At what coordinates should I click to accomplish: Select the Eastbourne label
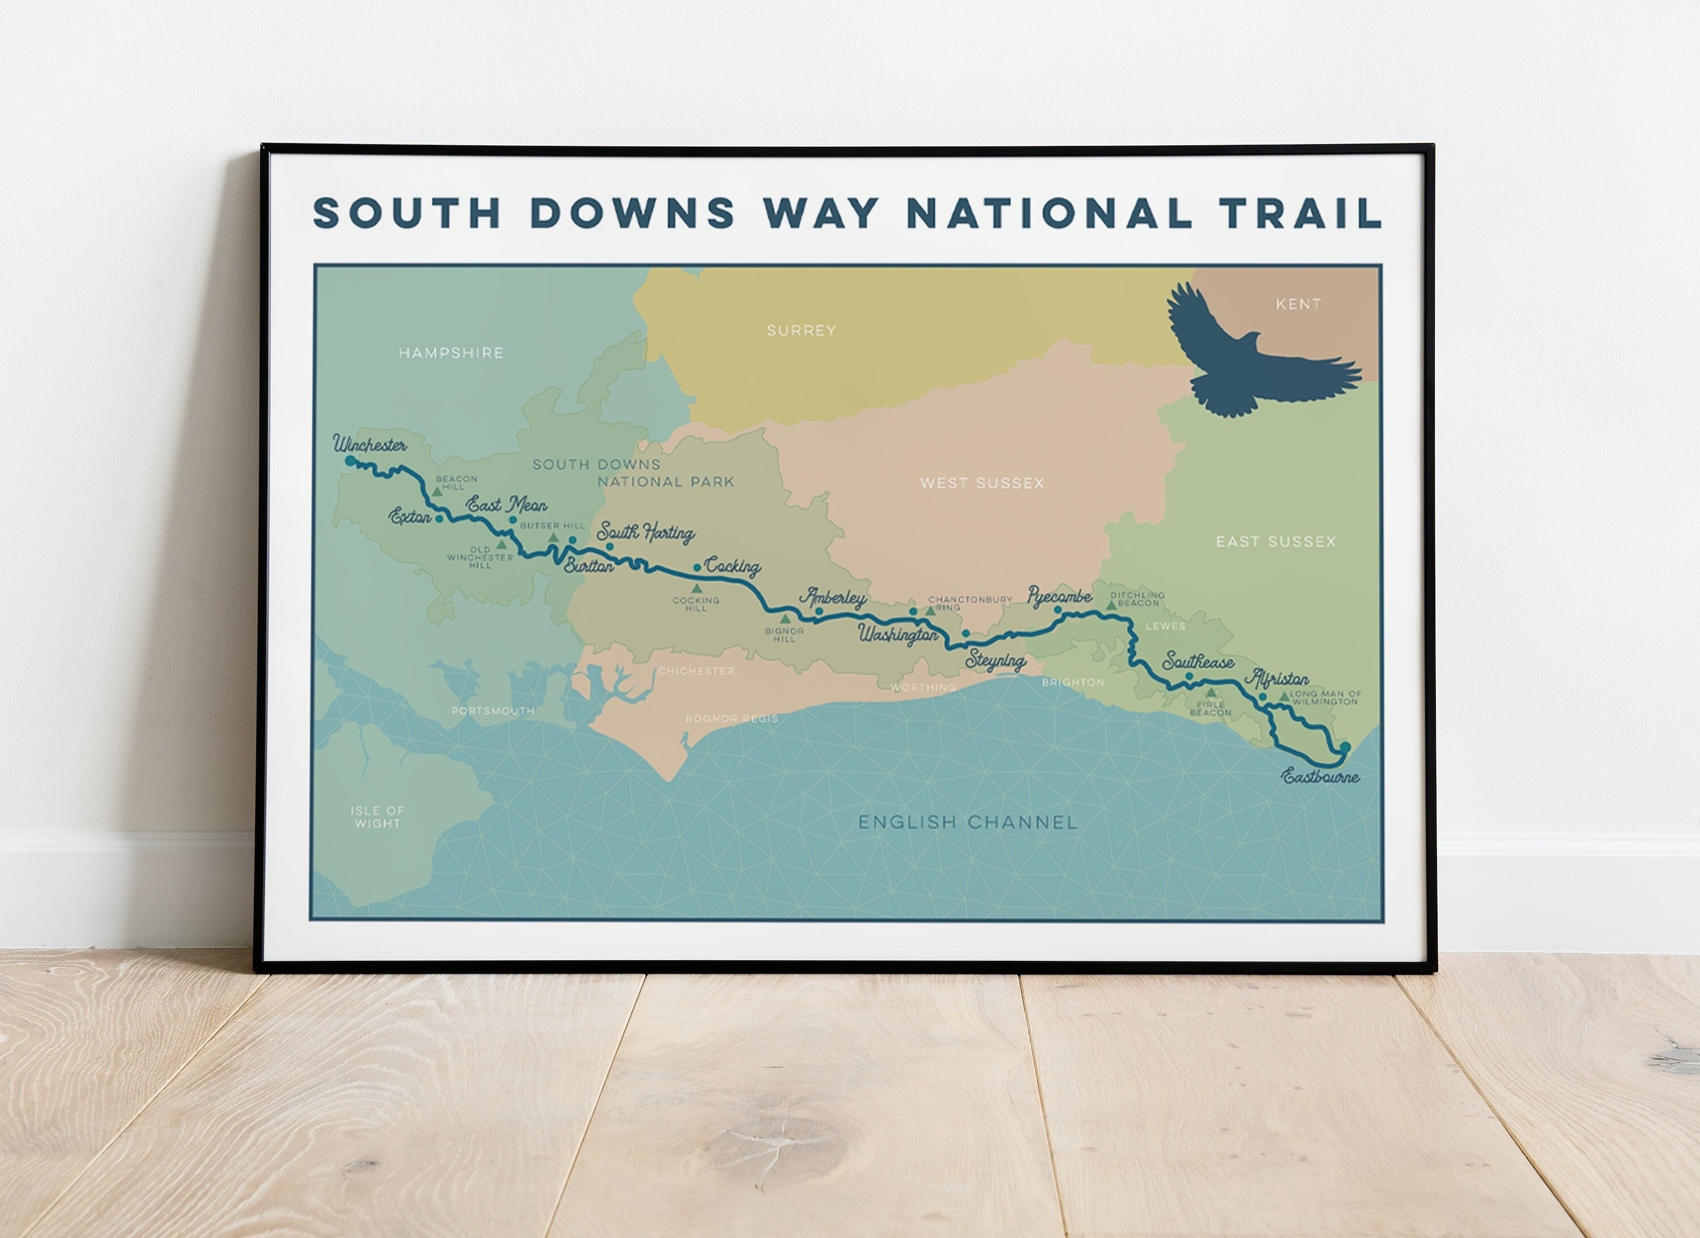pos(1321,777)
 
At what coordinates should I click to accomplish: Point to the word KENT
pos(1298,304)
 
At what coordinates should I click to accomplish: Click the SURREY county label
pos(801,330)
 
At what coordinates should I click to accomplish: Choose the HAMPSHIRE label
pos(450,353)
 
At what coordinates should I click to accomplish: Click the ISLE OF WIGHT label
pos(377,817)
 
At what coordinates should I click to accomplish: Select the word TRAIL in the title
pos(1300,213)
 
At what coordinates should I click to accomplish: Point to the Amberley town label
pos(834,597)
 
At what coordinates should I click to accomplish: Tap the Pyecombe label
pos(1059,596)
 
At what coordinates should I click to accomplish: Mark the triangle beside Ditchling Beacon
pos(1111,604)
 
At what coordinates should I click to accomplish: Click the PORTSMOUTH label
pos(492,711)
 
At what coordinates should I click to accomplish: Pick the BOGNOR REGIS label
pos(731,718)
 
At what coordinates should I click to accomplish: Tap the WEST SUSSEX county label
pos(982,483)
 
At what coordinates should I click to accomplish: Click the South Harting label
pos(645,533)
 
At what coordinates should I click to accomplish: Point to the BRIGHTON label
pos(1073,682)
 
